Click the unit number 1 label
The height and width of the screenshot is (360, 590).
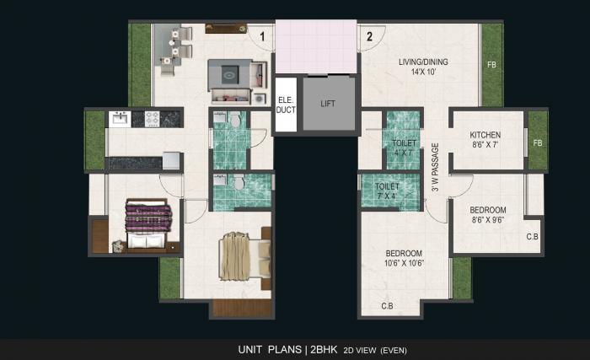[263, 36]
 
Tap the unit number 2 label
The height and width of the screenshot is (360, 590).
[369, 36]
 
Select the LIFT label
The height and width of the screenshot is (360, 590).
[329, 104]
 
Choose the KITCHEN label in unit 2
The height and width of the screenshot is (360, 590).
[485, 135]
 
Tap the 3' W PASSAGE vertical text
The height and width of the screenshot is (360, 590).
[435, 168]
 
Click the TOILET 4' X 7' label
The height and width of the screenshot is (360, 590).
[404, 148]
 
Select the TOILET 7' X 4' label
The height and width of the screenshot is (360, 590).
[387, 191]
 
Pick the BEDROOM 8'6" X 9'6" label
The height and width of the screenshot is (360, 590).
[488, 215]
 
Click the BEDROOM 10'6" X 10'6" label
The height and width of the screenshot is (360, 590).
[404, 258]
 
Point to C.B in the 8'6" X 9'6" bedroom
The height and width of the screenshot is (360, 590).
[532, 237]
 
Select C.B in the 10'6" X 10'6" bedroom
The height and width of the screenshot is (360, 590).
[388, 305]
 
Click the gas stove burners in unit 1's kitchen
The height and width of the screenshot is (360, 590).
[153, 119]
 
